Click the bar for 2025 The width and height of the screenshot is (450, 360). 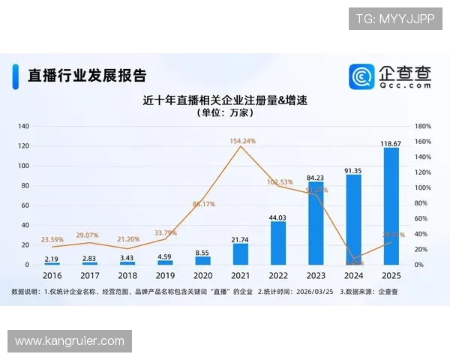point(391,206)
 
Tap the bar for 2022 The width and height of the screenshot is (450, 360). point(278,243)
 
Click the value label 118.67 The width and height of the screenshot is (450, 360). point(391,142)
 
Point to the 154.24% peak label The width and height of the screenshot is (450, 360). point(242,140)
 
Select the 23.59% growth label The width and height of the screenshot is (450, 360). point(51,240)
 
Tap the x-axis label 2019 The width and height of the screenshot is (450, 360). point(164,275)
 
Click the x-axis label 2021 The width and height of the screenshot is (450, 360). point(240,275)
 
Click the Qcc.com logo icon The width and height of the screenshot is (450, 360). point(362,76)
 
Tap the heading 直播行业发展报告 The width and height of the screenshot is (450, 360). point(86,76)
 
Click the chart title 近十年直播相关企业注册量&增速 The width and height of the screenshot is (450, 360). point(226,100)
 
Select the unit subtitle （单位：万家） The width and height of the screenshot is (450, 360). point(226,112)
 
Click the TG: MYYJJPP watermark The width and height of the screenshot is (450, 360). point(395,19)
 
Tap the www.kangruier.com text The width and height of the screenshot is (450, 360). point(69,341)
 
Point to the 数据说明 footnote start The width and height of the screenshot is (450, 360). point(26,290)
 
